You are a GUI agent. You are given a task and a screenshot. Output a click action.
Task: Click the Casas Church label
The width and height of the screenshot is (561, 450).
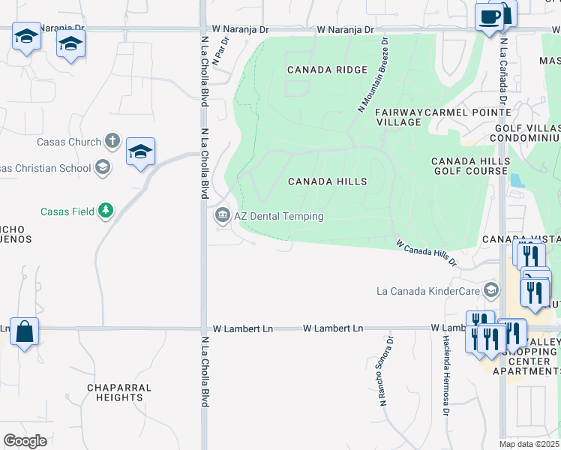69,142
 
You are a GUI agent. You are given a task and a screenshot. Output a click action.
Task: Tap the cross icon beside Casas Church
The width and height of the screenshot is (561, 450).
112,141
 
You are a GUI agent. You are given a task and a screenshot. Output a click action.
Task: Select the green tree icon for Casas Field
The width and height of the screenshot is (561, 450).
106,211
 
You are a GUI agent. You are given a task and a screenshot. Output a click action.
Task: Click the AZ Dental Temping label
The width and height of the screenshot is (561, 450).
279,216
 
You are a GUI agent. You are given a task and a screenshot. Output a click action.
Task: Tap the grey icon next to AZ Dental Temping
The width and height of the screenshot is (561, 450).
223,216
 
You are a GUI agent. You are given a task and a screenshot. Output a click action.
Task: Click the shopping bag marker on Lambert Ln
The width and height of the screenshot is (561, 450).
25,331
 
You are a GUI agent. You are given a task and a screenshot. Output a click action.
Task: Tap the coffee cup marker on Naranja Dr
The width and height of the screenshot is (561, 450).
490,16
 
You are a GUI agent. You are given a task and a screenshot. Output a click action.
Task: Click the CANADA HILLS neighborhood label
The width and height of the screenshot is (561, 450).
328,181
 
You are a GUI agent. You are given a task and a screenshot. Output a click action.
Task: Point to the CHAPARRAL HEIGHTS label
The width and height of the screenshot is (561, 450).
119,392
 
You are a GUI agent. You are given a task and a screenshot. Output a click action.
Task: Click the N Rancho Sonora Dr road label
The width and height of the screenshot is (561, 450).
386,372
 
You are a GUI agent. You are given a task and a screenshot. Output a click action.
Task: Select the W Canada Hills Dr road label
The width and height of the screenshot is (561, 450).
426,253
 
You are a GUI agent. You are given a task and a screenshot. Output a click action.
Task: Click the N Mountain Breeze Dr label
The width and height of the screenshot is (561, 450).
373,76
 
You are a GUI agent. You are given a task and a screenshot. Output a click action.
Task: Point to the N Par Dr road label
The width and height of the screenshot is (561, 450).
220,51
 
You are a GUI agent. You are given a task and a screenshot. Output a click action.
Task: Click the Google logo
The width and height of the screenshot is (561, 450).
25,441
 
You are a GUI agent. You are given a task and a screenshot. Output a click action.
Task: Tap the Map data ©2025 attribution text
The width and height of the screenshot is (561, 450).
529,444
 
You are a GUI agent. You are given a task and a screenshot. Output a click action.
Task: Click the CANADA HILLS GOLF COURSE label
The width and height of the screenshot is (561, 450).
469,166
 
